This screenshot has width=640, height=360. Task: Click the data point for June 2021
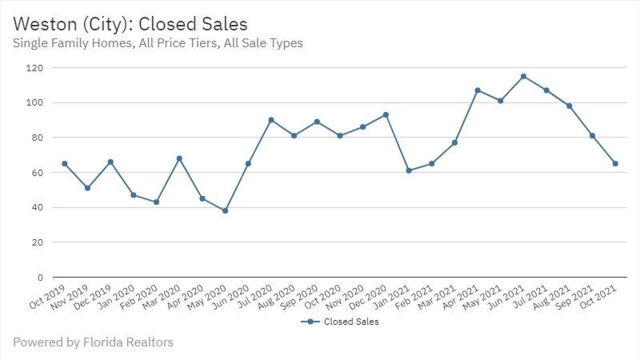coord(523,77)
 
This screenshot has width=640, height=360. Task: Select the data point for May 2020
coord(225,211)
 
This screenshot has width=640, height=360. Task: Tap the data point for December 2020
coord(386,115)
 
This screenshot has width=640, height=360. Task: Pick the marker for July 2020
coord(271,120)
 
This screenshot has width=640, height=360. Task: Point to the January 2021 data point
coord(409,170)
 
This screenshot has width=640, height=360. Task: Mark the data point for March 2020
coord(179,158)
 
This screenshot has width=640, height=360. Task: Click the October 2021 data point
coord(615,164)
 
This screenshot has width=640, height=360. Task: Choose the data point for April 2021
coord(478,90)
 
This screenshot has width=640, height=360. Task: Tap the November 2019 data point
coord(87,188)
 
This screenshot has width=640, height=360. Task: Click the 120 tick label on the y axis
coord(33,68)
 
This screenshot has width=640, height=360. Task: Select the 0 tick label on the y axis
coord(38,278)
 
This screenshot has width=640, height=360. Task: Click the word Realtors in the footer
coord(151,342)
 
